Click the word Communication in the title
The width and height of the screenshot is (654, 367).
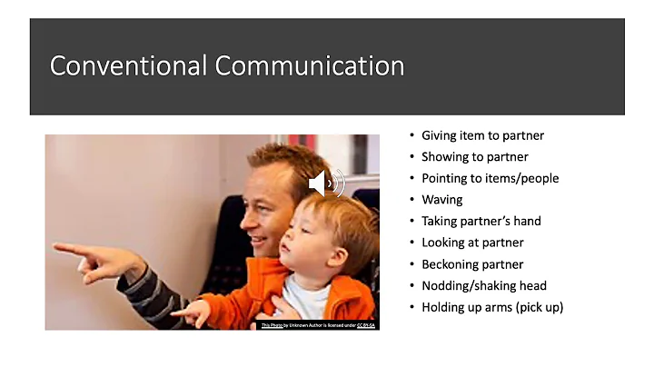[309, 66]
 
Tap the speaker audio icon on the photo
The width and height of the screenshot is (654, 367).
[326, 183]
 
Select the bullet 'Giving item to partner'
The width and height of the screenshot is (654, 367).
[482, 135]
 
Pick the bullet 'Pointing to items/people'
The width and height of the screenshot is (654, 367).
[490, 178]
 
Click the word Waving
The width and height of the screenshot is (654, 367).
[442, 200]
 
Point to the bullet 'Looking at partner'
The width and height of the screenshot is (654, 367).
[472, 243]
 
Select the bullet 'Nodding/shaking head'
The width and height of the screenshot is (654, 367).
[483, 285]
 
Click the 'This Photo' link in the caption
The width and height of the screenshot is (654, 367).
[272, 324]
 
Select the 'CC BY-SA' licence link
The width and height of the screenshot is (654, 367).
[366, 324]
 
